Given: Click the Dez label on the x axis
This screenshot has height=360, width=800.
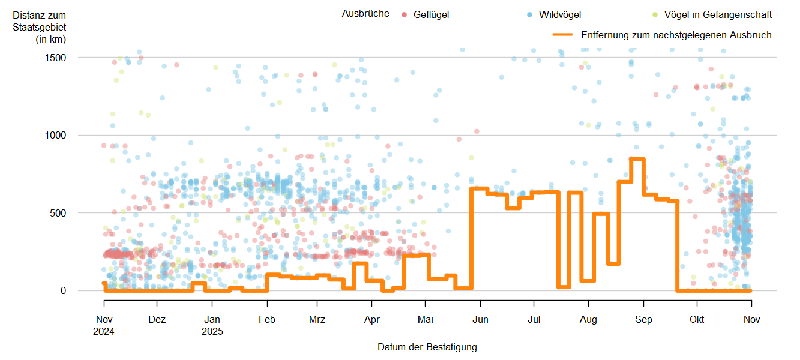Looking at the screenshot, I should point(157,320).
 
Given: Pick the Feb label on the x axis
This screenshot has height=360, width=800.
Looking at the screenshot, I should point(267,320).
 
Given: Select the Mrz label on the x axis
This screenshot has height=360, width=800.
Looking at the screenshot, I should point(317,320).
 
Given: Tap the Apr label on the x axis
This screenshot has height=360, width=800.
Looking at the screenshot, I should point(372,320).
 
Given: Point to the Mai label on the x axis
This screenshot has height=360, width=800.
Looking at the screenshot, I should point(425,320).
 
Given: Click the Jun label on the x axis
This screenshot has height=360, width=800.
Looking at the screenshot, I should point(480,320).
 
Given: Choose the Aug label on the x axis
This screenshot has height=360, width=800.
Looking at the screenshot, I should point(589,320).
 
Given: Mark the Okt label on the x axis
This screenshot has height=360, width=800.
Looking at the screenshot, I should point(697,320).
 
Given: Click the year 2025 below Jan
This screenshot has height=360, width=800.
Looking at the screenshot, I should point(212,331).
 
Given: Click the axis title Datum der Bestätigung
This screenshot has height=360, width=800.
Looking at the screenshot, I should point(427,347).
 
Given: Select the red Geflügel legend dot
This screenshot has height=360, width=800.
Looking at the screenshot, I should point(405,14).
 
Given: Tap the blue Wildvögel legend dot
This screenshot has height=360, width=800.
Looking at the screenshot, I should point(530,14).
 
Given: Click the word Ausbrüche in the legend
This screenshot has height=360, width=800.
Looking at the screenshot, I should point(365,14).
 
